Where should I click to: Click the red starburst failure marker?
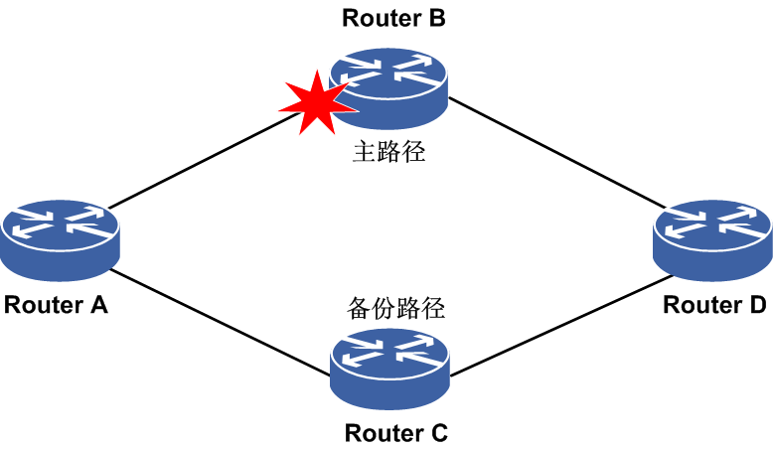(x=316, y=102)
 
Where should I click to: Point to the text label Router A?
(x=56, y=305)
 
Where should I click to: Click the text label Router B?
(x=393, y=17)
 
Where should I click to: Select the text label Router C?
(x=396, y=433)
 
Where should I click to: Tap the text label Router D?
(x=714, y=305)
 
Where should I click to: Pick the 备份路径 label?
(x=396, y=306)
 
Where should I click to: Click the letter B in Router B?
(x=436, y=17)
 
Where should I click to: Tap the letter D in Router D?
(x=757, y=305)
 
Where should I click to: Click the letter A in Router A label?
(x=97, y=305)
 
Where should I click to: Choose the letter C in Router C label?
(x=438, y=433)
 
